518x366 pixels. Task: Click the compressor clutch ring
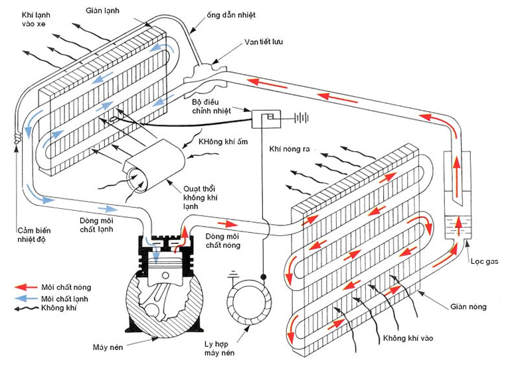pos(246,296)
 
